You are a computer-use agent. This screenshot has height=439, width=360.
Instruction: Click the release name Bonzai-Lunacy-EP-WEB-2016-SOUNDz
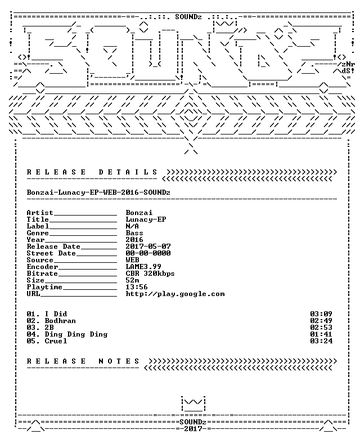tap(98, 192)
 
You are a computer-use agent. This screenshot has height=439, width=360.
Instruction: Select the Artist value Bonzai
tap(139, 213)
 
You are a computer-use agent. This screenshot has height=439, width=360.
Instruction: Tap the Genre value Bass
tap(134, 233)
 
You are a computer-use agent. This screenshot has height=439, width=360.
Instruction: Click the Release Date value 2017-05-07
tap(148, 247)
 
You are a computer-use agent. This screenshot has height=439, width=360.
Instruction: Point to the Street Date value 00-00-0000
tap(148, 253)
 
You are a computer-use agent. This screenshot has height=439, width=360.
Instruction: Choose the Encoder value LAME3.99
tap(143, 267)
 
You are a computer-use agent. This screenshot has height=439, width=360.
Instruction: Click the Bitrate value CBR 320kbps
tap(150, 274)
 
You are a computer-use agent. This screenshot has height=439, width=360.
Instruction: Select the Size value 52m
tap(132, 280)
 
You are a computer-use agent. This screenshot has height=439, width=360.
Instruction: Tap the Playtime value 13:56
tap(137, 287)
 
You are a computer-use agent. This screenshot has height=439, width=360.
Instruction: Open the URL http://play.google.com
tap(175, 294)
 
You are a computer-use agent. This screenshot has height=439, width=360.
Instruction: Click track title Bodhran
tap(60, 321)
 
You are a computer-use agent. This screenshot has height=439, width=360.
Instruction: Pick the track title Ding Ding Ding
tap(76, 334)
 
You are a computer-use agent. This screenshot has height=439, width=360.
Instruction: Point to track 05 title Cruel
tap(56, 341)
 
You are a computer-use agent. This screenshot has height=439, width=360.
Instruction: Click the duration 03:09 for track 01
tap(321, 314)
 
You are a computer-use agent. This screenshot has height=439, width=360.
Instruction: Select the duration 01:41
tap(321, 334)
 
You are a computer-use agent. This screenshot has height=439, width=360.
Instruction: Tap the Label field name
tap(38, 226)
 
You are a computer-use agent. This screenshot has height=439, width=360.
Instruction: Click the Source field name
tap(40, 260)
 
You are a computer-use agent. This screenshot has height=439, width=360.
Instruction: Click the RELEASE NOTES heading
tap(83, 361)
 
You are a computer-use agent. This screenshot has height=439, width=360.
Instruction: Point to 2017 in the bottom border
tap(193, 429)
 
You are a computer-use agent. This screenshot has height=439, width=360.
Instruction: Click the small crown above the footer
tap(193, 404)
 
